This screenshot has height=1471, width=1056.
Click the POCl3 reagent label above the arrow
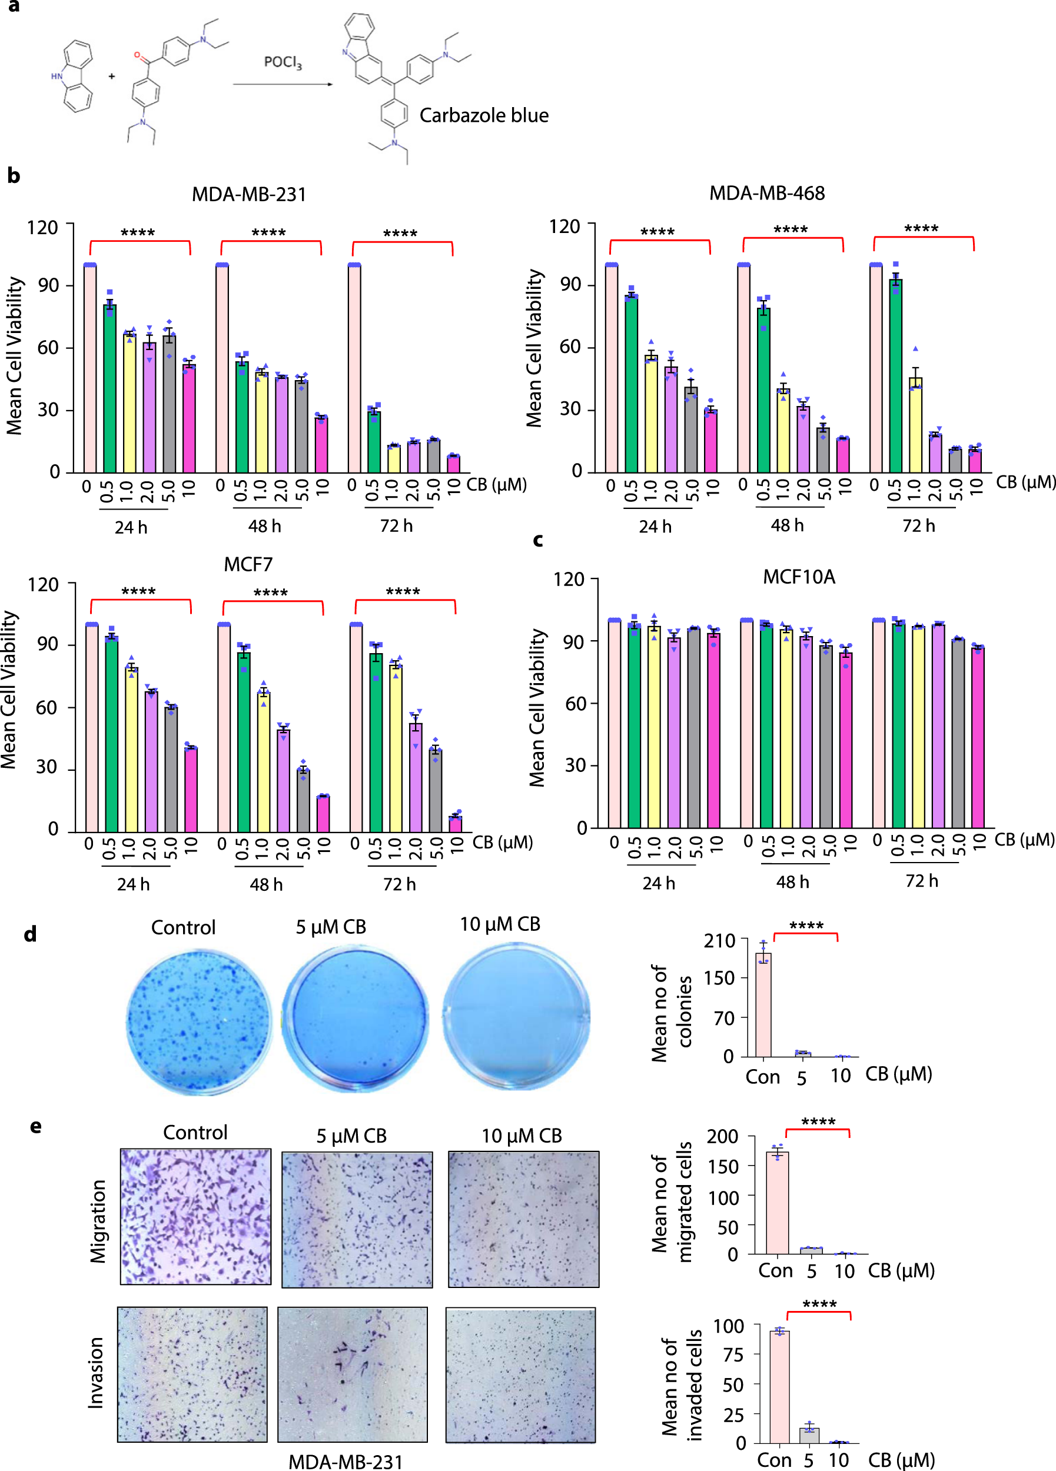point(282,62)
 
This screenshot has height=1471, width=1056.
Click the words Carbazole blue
point(484,115)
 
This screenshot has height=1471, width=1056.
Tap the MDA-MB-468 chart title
point(767,193)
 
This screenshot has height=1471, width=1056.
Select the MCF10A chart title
point(799,577)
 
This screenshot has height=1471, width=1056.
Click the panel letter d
point(30,934)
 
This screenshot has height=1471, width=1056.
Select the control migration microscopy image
point(195,1216)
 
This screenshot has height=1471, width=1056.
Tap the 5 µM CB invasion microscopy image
point(352,1375)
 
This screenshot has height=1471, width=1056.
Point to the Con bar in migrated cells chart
point(777,1203)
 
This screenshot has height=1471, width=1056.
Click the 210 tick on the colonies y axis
point(719,940)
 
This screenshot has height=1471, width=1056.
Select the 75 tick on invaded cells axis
point(733,1354)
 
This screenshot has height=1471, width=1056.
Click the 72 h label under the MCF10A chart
point(921,881)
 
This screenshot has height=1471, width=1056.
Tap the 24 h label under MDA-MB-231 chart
point(131,527)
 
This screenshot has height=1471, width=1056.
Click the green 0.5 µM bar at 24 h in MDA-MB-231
point(109,388)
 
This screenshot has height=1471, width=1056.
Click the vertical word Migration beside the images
point(98,1222)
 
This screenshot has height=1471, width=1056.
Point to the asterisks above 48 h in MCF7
point(271,593)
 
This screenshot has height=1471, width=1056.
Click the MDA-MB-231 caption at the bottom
point(345,1461)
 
